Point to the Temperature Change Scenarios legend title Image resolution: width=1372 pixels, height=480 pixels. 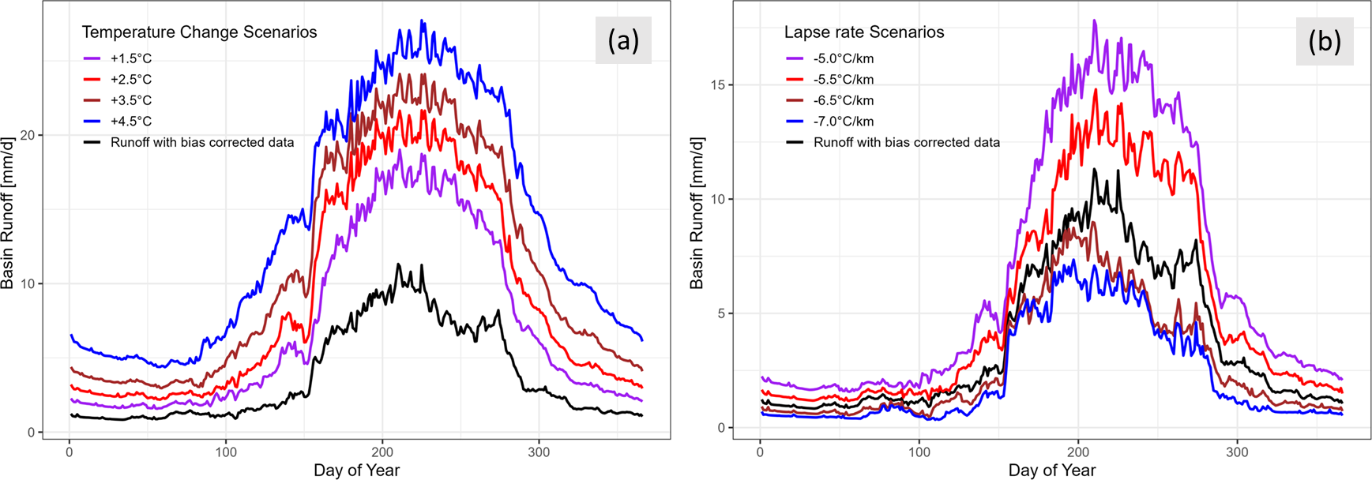click(x=199, y=32)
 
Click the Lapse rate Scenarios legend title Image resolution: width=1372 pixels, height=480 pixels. click(x=864, y=32)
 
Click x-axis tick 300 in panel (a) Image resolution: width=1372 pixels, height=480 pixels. click(x=539, y=453)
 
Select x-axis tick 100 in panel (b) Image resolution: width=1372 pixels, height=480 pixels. click(x=919, y=453)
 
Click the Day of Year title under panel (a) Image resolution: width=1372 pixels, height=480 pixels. click(x=356, y=471)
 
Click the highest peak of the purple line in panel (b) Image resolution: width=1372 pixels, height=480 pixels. click(x=1094, y=21)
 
